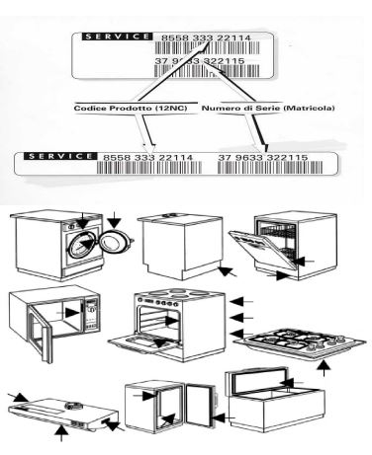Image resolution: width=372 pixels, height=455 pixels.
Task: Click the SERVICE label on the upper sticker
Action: click(x=117, y=37)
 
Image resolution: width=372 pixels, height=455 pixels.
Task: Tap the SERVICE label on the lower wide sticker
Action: click(x=60, y=156)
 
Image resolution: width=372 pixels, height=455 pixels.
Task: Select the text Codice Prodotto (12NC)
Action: click(x=131, y=108)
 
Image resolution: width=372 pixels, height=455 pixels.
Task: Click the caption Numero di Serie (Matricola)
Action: click(x=268, y=108)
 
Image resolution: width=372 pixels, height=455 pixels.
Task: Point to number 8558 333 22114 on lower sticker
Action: click(x=148, y=158)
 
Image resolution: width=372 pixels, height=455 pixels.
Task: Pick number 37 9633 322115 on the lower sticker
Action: click(x=263, y=158)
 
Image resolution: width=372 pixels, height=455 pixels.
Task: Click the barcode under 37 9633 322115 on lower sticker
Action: click(x=270, y=168)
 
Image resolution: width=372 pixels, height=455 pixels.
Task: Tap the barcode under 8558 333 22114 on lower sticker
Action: click(x=149, y=168)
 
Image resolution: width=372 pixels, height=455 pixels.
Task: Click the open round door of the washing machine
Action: click(x=115, y=241)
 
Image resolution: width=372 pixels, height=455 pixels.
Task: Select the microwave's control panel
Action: click(x=91, y=314)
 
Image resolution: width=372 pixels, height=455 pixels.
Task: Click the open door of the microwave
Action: click(x=40, y=333)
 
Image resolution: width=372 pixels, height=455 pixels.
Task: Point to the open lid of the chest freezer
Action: click(x=255, y=382)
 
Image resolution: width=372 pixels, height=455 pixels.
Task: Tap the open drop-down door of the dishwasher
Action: click(x=263, y=251)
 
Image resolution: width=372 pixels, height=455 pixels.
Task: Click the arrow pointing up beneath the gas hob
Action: click(x=325, y=368)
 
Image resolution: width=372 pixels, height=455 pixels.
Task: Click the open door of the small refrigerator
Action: click(x=200, y=405)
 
